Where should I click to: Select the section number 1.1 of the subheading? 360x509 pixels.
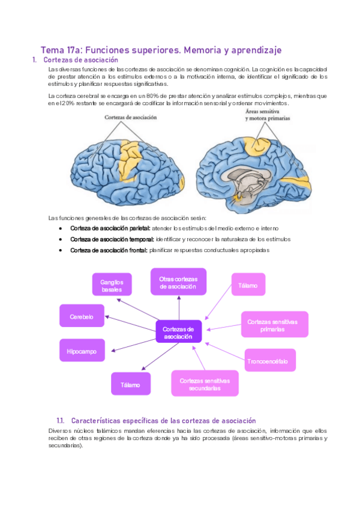pyautogui.click(x=59, y=421)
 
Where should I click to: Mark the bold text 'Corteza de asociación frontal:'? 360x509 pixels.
pyautogui.click(x=108, y=250)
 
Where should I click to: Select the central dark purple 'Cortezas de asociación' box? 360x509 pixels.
pyautogui.click(x=178, y=333)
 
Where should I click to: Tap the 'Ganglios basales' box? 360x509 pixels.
pyautogui.click(x=112, y=285)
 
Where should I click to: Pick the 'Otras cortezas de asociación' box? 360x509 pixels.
pyautogui.click(x=178, y=282)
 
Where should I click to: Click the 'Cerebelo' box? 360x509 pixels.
pyautogui.click(x=81, y=316)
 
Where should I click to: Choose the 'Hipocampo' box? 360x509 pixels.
pyautogui.click(x=81, y=351)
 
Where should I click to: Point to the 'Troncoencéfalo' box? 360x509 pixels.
pyautogui.click(x=270, y=361)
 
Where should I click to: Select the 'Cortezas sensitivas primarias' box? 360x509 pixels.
pyautogui.click(x=274, y=325)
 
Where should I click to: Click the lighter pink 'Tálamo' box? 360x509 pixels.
pyautogui.click(x=248, y=286)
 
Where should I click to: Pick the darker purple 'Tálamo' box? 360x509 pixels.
pyautogui.click(x=130, y=384)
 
